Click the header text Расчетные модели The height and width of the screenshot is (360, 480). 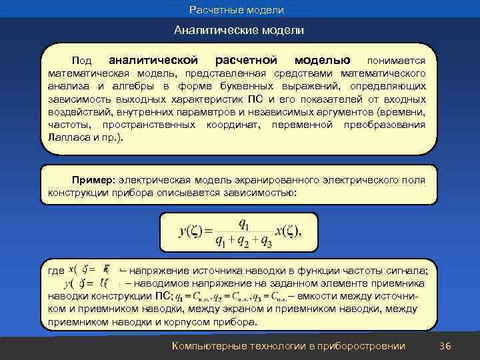coord(236,10)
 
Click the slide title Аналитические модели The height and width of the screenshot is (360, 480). coord(239,31)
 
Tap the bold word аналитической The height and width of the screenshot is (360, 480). coord(153,60)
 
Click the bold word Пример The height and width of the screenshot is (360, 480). coord(93,181)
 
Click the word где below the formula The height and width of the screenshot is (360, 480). coord(57,271)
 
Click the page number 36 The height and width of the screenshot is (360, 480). coord(446,345)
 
